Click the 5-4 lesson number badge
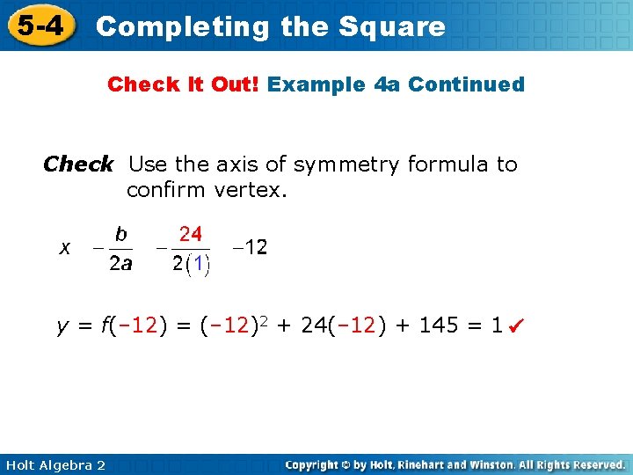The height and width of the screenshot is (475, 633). [40, 26]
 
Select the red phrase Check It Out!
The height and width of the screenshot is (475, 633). [184, 85]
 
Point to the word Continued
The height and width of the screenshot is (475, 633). [467, 85]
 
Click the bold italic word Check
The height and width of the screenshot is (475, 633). [78, 164]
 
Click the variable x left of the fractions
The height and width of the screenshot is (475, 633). [65, 249]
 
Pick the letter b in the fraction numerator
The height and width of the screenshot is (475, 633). [121, 235]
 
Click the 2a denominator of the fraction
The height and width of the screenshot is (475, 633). [120, 264]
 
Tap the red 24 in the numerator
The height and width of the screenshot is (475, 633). [191, 235]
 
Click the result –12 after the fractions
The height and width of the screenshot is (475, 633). [251, 248]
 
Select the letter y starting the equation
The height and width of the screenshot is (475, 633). [62, 327]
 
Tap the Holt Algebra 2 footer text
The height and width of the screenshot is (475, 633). [55, 465]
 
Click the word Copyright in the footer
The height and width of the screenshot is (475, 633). [316, 464]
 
